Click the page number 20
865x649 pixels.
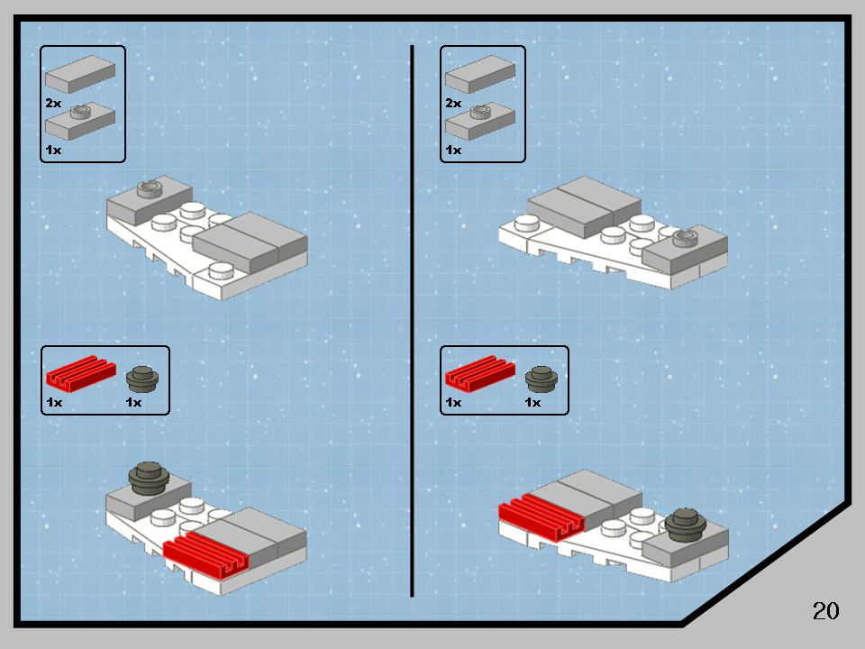click(825, 610)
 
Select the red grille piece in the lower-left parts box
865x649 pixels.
click(79, 371)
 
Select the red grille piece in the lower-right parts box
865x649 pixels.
click(478, 371)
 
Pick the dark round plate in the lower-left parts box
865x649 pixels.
click(141, 377)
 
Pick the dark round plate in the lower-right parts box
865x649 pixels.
click(541, 377)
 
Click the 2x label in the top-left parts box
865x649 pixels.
click(53, 104)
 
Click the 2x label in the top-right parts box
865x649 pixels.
click(452, 104)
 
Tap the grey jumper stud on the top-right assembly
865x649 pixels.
click(686, 236)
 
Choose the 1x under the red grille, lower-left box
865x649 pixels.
click(53, 402)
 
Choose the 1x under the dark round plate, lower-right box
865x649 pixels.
click(533, 402)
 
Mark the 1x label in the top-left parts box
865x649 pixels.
click(53, 150)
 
